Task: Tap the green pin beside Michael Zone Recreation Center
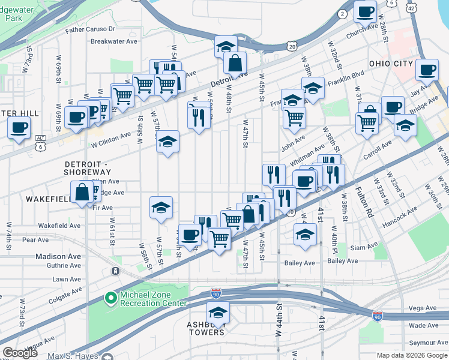[110, 298]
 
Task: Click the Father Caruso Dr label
[90, 29]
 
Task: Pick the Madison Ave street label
[58, 256]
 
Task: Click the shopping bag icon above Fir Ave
[82, 192]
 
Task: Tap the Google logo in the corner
[20, 353]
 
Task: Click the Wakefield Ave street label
[59, 226]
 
